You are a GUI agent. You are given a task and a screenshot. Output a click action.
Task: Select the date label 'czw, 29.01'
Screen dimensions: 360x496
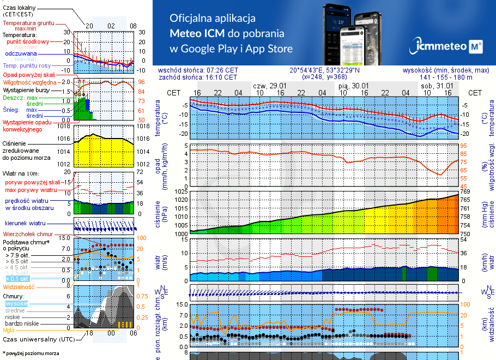click(270, 86)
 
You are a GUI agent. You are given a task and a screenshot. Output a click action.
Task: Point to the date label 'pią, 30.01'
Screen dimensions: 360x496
click(353, 86)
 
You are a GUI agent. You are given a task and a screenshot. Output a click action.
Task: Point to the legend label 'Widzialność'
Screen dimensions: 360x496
click(19, 286)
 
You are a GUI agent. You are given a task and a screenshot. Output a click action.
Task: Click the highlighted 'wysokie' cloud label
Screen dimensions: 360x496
click(16, 303)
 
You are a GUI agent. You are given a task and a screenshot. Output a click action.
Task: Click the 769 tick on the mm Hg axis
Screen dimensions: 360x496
click(465, 191)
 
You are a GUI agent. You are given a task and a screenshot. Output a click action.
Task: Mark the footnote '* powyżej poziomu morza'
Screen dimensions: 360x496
click(31, 353)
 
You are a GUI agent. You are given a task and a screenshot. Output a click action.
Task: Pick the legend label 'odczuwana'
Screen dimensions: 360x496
click(21, 54)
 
